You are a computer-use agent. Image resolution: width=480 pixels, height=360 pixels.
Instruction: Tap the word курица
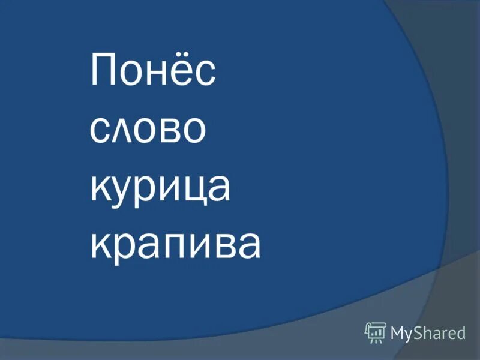[x=160, y=187]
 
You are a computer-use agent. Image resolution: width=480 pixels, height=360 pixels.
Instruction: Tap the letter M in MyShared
[x=399, y=332]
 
